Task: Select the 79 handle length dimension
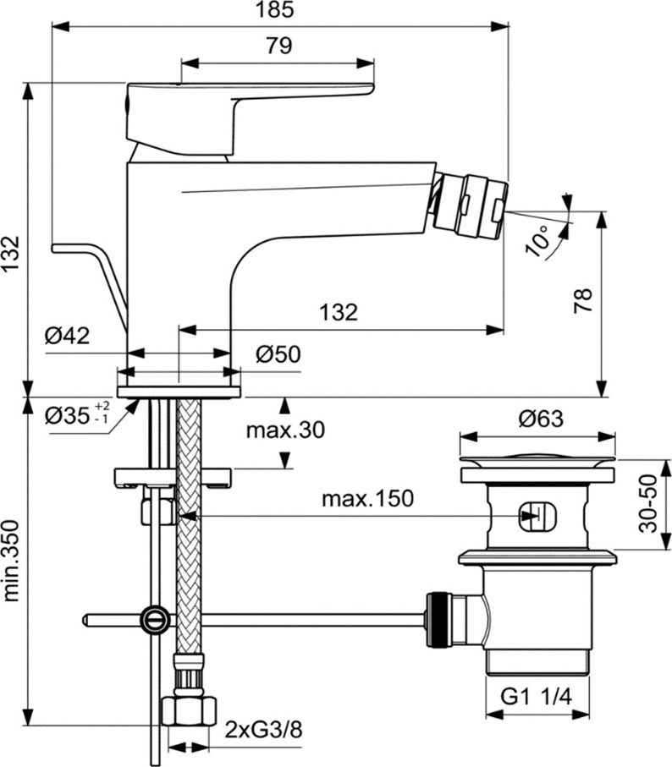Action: [x=279, y=46]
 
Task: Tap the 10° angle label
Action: [x=537, y=241]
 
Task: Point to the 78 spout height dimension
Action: [x=583, y=300]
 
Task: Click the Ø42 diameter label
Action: [x=68, y=336]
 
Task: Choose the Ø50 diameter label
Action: [x=278, y=354]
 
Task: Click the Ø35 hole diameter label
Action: [x=77, y=415]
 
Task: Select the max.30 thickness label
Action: [x=285, y=430]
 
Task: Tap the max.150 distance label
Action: [x=367, y=498]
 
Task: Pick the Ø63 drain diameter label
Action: [x=541, y=419]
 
